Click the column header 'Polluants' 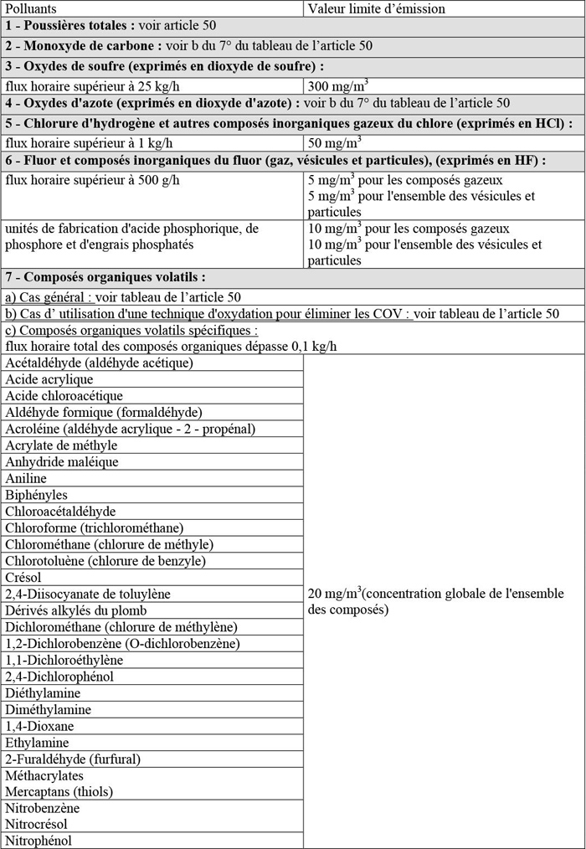point(31,8)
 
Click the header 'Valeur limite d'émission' point(376,8)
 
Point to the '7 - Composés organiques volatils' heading point(105,277)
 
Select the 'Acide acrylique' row point(49,379)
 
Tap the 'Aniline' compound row point(26,478)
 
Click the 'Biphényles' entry point(36,495)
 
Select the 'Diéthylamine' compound point(43,692)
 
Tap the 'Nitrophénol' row point(39,841)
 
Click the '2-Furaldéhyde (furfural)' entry point(73,759)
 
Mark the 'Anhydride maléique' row point(62,461)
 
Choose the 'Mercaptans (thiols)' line point(59,791)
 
